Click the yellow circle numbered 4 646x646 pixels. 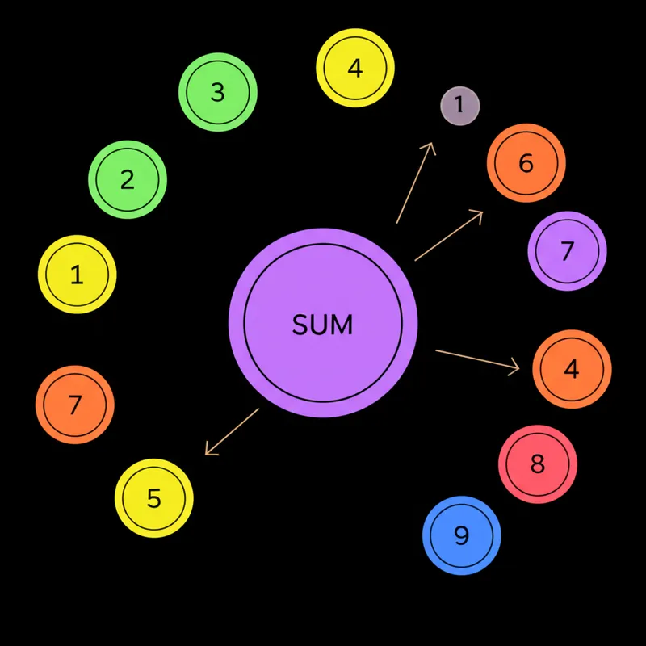(355, 69)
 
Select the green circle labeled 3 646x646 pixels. (217, 92)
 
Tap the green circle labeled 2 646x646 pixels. (127, 179)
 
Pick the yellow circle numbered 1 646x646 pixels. (78, 275)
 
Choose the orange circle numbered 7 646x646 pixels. (75, 405)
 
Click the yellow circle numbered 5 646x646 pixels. (154, 498)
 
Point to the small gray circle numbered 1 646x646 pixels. (460, 105)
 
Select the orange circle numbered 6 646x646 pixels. (526, 163)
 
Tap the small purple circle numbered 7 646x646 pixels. (567, 250)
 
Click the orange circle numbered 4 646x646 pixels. (572, 369)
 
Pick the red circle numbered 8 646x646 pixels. (538, 464)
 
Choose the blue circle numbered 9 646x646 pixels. (462, 535)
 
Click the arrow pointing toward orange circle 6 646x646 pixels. (449, 236)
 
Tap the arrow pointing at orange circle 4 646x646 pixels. (477, 360)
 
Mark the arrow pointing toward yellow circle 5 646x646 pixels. (233, 431)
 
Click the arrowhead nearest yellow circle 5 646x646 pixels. (208, 451)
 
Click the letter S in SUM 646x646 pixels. (300, 325)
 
